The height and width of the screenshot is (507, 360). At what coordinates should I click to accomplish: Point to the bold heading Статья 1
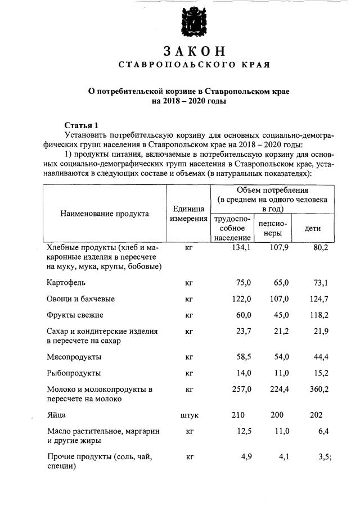pos(82,125)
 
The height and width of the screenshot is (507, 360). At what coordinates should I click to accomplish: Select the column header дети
pos(313,229)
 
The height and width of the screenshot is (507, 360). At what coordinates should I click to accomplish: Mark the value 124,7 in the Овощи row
pos(318,298)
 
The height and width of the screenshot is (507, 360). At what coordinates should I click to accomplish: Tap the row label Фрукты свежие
pos(75,315)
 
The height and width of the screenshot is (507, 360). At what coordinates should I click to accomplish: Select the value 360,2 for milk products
pos(318,389)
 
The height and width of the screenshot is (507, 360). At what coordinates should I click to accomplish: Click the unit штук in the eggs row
pos(189,415)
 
